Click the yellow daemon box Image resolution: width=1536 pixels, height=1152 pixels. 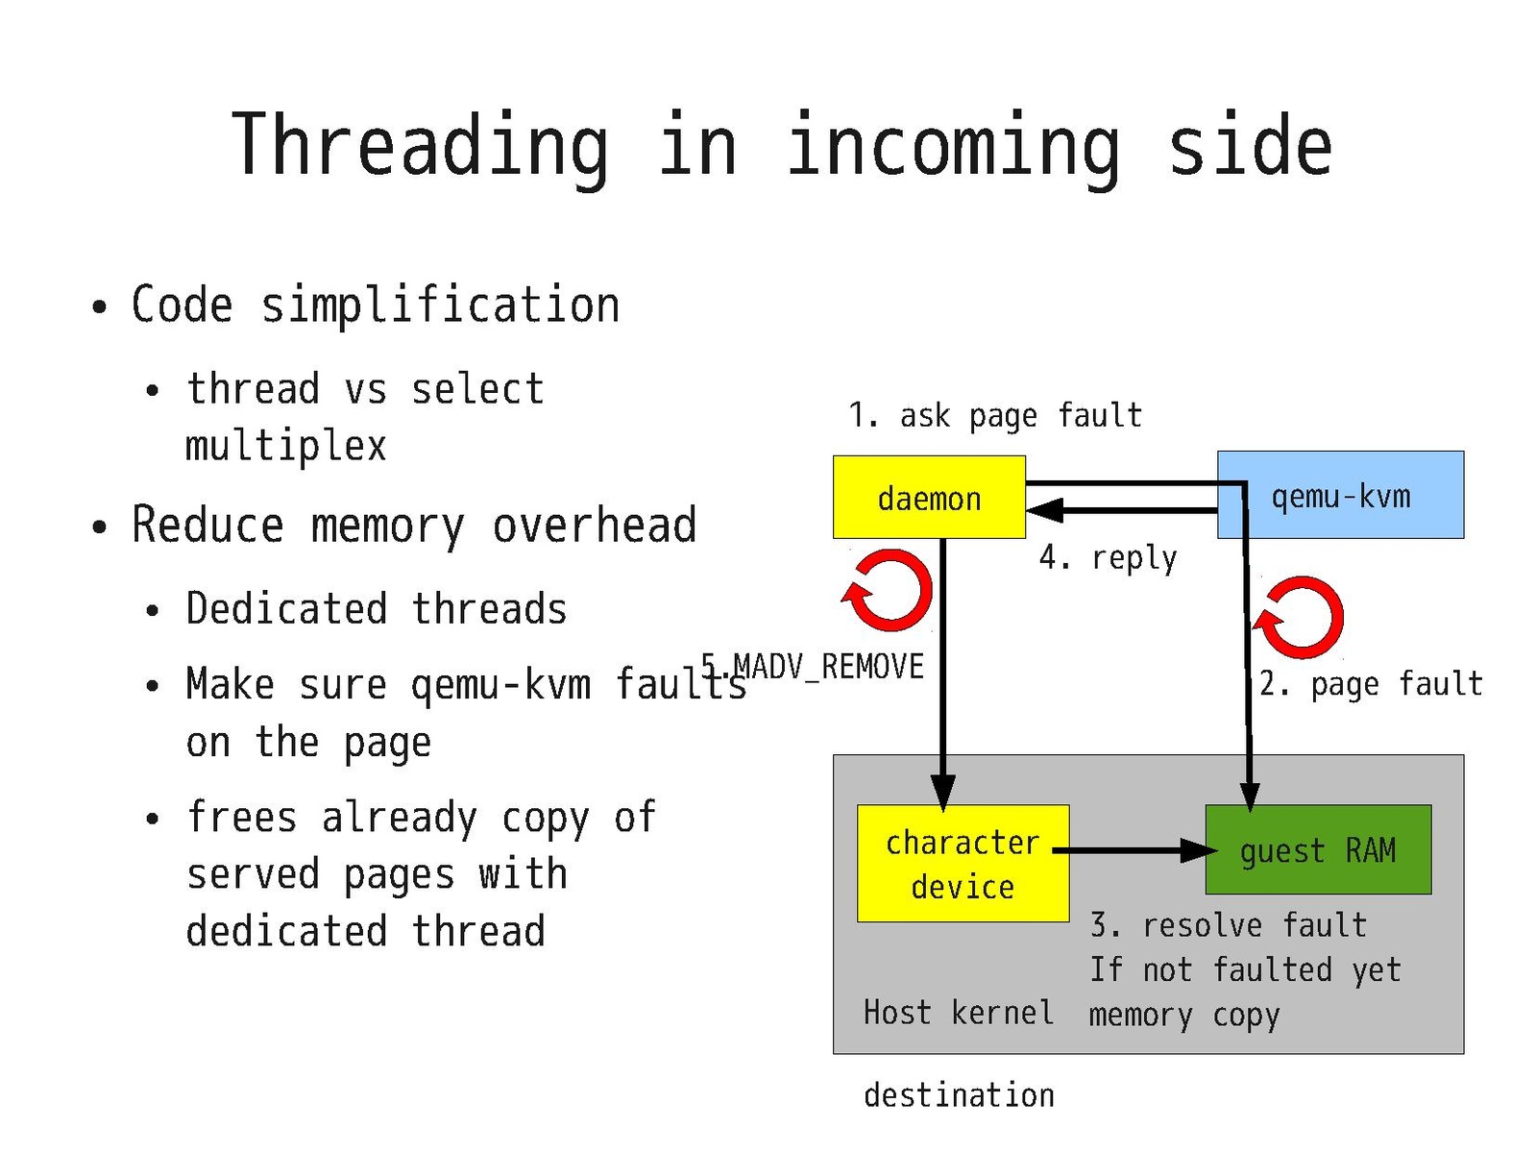(x=928, y=498)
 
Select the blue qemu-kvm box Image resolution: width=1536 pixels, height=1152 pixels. (x=1341, y=496)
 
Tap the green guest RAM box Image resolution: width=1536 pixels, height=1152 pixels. (x=1318, y=850)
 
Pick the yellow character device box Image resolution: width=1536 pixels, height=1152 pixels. (x=963, y=864)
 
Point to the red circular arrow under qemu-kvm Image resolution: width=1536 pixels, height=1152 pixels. (x=1300, y=618)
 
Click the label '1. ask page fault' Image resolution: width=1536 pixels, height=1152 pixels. (x=995, y=415)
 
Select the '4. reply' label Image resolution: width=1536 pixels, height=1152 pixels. (x=1109, y=557)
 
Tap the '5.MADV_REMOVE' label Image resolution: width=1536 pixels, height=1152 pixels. (x=813, y=666)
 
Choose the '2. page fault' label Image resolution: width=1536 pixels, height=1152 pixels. (x=1371, y=684)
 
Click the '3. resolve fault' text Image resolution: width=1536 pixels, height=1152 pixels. (x=1228, y=925)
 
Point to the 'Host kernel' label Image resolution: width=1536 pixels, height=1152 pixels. (x=958, y=1013)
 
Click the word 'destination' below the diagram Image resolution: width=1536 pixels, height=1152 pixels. (x=959, y=1095)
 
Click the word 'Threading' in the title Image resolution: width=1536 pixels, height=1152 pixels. (x=421, y=146)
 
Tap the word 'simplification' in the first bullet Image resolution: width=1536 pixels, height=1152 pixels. (x=440, y=306)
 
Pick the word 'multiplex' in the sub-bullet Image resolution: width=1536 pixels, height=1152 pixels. (x=285, y=446)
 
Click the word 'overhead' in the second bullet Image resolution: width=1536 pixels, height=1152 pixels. (x=594, y=526)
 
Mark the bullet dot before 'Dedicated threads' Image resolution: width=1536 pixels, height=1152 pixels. (x=152, y=611)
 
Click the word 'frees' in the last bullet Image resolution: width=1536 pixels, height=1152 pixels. (x=241, y=818)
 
